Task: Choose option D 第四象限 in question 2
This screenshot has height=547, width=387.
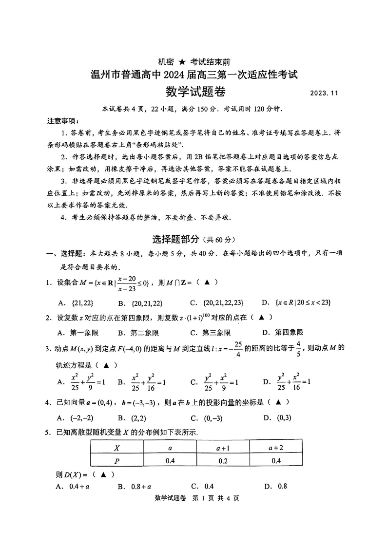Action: [x=283, y=333]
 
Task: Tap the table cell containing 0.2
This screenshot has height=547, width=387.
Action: [x=223, y=460]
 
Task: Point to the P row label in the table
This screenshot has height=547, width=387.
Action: [x=117, y=460]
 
